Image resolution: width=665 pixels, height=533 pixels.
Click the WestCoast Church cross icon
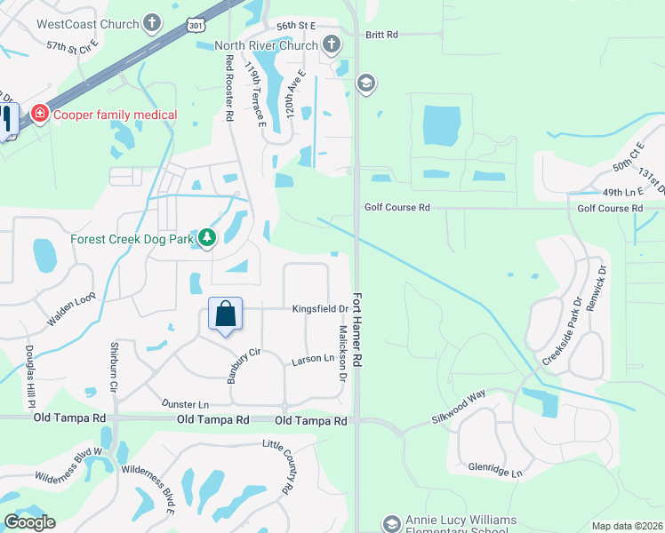point(153,24)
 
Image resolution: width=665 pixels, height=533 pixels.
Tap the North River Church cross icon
point(331,44)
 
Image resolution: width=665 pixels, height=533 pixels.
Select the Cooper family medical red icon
point(38,114)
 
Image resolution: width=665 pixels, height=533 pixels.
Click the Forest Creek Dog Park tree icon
point(206,237)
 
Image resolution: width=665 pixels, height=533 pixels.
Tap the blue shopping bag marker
point(226,314)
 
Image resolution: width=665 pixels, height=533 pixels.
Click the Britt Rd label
point(381,35)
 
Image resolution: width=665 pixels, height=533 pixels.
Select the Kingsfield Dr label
point(319,309)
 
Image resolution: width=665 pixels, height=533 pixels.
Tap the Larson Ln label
point(311,361)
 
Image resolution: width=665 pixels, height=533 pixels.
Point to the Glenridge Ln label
point(494,469)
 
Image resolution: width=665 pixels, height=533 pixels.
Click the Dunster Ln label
point(185,403)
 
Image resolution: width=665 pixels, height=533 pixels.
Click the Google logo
point(29,522)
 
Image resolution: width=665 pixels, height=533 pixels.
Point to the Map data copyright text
point(627,526)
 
